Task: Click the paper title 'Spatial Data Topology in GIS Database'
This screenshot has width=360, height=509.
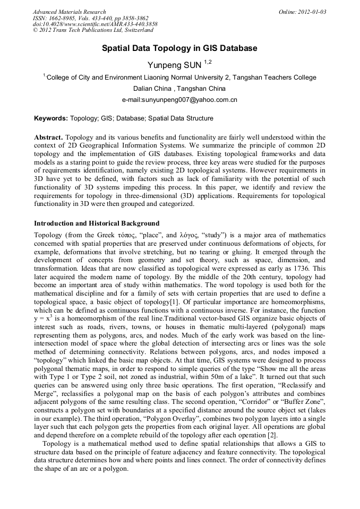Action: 179,48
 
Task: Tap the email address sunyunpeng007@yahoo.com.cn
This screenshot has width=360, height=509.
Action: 179,99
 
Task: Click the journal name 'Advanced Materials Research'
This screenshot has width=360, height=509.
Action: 69,12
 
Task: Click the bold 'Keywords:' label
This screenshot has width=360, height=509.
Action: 50,118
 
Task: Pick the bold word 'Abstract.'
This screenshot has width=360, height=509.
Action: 49,137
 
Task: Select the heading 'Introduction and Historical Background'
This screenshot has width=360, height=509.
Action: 97,223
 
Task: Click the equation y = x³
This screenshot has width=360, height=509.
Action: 45,318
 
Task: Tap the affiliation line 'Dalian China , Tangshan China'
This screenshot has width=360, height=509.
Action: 179,88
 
